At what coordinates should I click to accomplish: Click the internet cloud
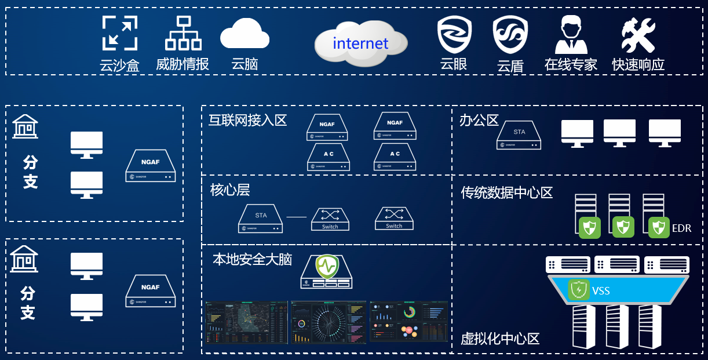(x=360, y=43)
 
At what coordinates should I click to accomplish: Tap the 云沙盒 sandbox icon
(x=120, y=33)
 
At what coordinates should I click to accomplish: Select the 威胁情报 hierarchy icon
(x=183, y=33)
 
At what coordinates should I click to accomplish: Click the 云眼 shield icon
(x=454, y=35)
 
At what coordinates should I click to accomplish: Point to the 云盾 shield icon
(x=510, y=35)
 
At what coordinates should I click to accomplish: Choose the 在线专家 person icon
(x=571, y=35)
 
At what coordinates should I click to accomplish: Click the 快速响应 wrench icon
(x=638, y=35)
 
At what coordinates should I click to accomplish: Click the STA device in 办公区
(x=519, y=134)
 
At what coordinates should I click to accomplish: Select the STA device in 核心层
(x=261, y=219)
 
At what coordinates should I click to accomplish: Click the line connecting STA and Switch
(x=296, y=217)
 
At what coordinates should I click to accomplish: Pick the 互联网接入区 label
(x=248, y=120)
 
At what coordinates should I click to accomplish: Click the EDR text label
(x=681, y=228)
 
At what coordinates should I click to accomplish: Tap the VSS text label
(x=601, y=290)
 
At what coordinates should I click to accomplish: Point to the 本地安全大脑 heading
(x=252, y=259)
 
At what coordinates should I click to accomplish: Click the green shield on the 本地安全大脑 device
(x=326, y=267)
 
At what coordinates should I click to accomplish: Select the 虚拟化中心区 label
(x=500, y=339)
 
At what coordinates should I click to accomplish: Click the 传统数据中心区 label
(x=507, y=192)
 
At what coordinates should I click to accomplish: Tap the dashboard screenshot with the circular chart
(x=329, y=322)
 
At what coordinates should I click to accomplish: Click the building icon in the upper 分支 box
(x=25, y=126)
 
